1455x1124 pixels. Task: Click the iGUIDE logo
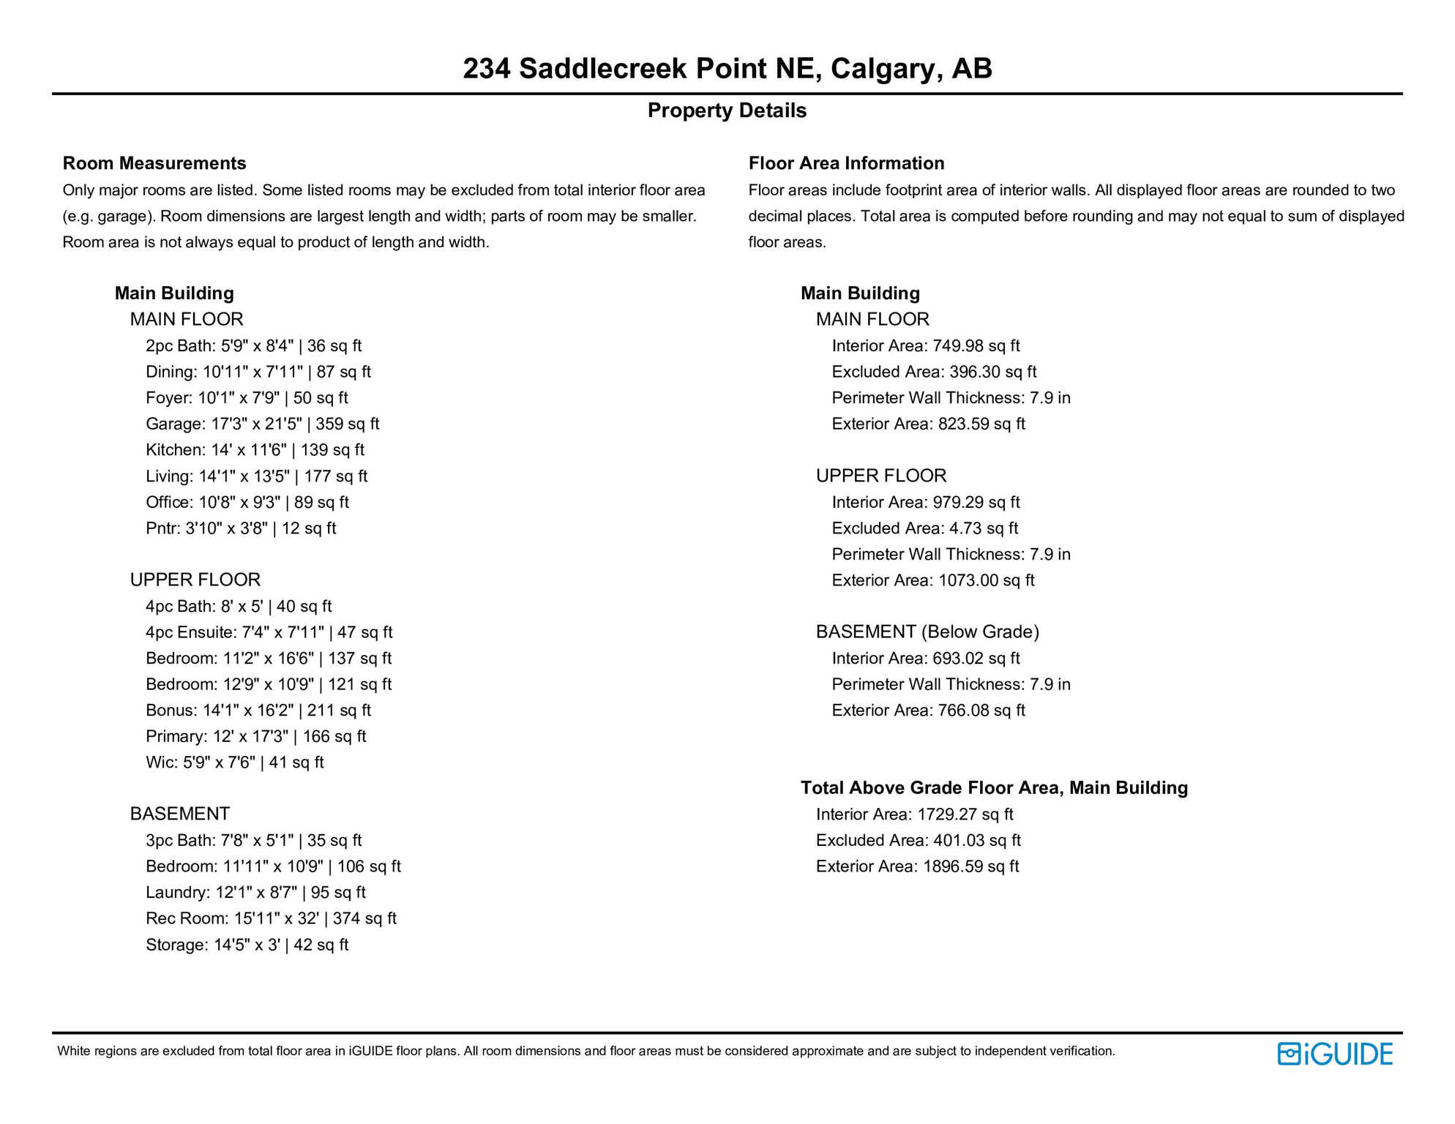1334,1054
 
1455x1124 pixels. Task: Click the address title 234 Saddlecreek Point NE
727,68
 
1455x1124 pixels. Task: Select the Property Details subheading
727,110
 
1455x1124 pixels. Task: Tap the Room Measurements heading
154,163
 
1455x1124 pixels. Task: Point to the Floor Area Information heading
846,163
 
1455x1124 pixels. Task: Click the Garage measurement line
262,424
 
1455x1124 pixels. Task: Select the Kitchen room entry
255,450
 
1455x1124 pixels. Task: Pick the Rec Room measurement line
271,918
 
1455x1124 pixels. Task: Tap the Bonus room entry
258,711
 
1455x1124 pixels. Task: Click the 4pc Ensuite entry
269,632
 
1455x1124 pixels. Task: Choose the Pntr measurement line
241,528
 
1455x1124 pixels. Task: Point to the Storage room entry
247,945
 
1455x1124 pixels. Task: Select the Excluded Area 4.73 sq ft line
924,528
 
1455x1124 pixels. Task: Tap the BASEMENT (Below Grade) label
927,632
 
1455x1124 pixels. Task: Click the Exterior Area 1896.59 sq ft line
917,866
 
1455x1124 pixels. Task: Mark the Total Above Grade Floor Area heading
994,788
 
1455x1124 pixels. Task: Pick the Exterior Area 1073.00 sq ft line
932,580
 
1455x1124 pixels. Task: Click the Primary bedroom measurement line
255,736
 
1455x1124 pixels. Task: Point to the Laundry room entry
255,893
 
